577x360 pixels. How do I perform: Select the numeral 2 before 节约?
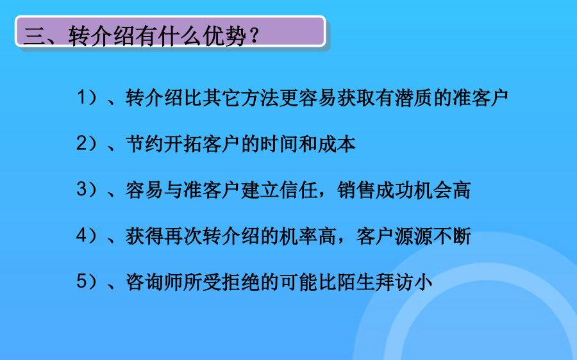(x=81, y=143)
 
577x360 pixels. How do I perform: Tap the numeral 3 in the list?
(x=81, y=190)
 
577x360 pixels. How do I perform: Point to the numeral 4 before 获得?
(x=81, y=236)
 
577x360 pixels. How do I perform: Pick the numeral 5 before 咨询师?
(x=81, y=282)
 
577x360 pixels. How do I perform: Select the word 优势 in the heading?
(x=226, y=36)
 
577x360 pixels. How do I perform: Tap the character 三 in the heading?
(x=34, y=37)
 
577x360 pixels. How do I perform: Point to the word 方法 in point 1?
(x=260, y=98)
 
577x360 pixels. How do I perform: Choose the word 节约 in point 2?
(x=145, y=143)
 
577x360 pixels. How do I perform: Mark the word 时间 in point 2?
(x=279, y=143)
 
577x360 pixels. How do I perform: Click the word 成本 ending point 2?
(x=337, y=143)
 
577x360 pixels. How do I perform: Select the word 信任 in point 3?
(x=298, y=190)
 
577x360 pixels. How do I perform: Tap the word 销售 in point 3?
(x=356, y=190)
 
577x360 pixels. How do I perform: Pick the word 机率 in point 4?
(x=298, y=236)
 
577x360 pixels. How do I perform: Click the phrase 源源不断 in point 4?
(x=432, y=236)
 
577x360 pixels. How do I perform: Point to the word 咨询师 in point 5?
(x=154, y=282)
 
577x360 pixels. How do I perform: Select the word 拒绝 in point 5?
(x=240, y=282)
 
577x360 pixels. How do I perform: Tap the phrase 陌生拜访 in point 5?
(x=375, y=282)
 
